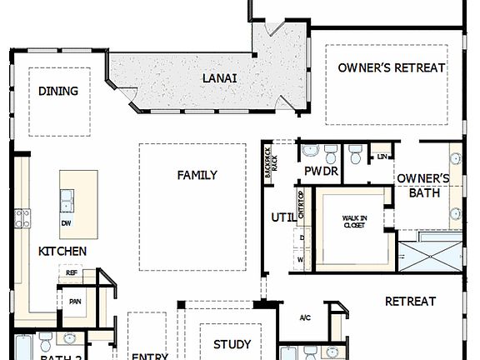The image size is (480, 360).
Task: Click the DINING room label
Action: [x=58, y=92]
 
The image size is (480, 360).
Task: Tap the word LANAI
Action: [x=219, y=78]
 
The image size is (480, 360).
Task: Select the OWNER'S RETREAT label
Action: [x=392, y=67]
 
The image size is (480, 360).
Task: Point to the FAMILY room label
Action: [x=197, y=175]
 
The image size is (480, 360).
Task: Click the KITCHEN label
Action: [x=62, y=251]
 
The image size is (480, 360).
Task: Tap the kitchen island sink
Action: [x=66, y=200]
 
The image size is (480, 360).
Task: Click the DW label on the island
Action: [x=66, y=223]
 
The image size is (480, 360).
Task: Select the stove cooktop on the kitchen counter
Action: [x=22, y=218]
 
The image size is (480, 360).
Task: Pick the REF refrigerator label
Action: [x=72, y=272]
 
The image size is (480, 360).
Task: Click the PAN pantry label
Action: [x=75, y=302]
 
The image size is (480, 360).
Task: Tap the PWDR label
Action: [x=321, y=172]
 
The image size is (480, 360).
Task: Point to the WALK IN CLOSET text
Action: [x=354, y=222]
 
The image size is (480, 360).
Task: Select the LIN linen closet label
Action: [x=382, y=156]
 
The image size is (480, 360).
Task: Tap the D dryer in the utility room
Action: [x=300, y=238]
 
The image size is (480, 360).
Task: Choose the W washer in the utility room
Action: [x=300, y=259]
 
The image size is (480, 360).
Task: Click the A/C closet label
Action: [x=306, y=317]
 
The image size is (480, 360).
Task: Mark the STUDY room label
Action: [x=232, y=344]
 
